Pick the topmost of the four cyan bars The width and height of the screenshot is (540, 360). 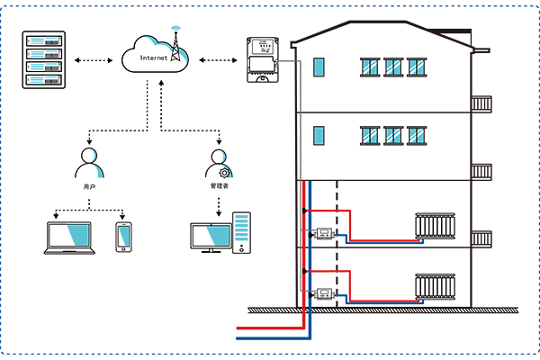(43, 40)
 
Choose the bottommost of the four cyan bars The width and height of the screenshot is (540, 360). (43, 79)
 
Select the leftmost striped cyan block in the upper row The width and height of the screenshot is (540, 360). (370, 67)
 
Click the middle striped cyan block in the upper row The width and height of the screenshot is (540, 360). (393, 67)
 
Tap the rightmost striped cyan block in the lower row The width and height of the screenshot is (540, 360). (415, 136)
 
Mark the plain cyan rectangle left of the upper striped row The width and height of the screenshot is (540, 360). (319, 67)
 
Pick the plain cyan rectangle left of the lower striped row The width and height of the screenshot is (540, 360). (319, 136)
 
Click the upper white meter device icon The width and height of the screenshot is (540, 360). (322, 236)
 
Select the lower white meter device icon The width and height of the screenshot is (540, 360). (322, 293)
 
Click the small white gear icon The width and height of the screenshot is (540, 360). (221, 172)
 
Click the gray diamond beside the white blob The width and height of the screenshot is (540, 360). (285, 60)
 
